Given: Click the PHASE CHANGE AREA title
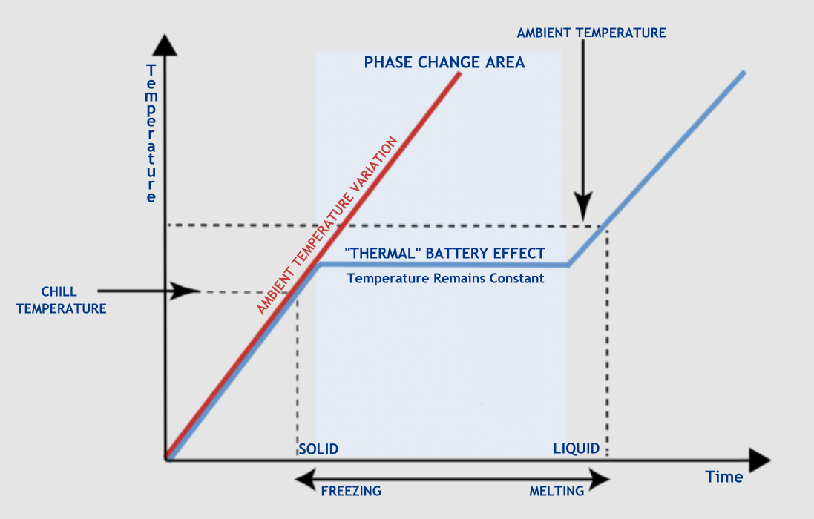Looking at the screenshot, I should coord(444,63).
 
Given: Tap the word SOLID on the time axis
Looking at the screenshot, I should coord(318,449).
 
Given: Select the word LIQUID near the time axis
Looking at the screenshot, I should coord(577,449).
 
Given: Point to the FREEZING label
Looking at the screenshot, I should coord(350,491).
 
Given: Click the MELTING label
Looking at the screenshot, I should coord(557,491).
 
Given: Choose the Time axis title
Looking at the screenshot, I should coord(724,477).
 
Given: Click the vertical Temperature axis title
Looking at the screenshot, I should coord(151,133).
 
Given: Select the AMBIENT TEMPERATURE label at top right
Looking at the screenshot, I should coord(591,33).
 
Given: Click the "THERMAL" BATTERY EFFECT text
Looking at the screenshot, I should coord(445,253).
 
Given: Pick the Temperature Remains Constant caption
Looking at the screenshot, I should coord(445,279).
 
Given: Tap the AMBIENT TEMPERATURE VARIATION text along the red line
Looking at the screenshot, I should coord(327,225).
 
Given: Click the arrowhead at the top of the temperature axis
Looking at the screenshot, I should coord(168,46).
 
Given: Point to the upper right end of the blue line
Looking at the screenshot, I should coord(742,73).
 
